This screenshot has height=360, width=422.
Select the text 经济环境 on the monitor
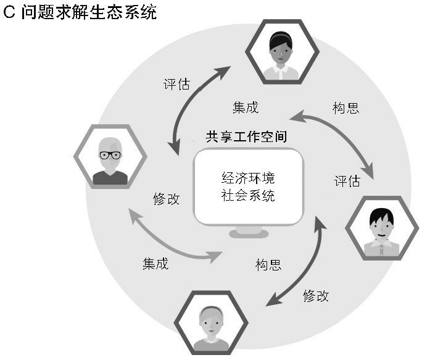point(248,179)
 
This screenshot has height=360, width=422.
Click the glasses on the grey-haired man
point(110,155)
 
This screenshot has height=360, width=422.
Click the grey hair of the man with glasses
point(110,141)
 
